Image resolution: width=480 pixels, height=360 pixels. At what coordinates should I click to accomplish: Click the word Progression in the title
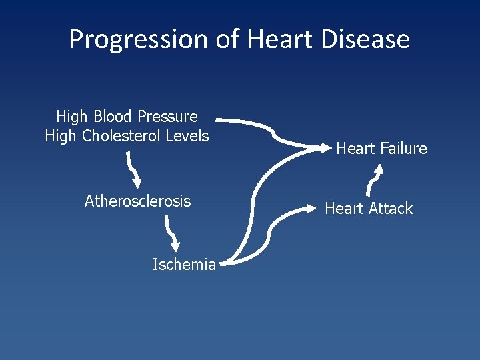click(x=139, y=40)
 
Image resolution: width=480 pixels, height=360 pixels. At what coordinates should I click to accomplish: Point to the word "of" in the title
click(x=228, y=39)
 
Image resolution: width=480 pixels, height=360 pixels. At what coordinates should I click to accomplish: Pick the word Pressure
click(x=167, y=117)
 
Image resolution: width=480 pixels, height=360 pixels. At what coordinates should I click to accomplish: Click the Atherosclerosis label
click(x=137, y=201)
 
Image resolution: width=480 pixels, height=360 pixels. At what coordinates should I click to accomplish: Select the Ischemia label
click(x=184, y=265)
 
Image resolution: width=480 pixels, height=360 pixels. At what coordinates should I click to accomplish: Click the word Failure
click(x=403, y=149)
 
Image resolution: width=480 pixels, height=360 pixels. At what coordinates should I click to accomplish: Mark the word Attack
click(x=391, y=209)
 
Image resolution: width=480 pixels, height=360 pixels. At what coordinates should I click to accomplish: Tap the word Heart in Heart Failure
click(x=356, y=149)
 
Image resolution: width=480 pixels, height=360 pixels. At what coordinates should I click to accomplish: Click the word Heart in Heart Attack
click(x=345, y=209)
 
